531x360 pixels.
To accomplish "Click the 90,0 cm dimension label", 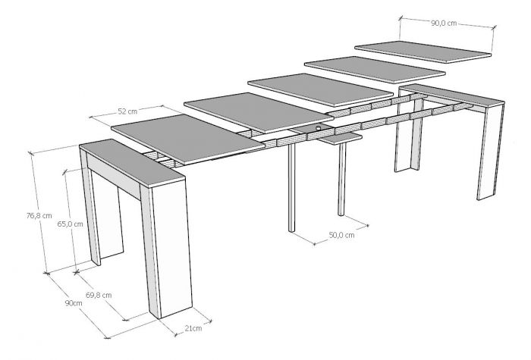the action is (444, 23).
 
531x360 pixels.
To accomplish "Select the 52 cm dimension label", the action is (127, 111).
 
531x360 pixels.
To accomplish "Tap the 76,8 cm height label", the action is (39, 215).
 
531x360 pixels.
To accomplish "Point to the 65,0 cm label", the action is (70, 224).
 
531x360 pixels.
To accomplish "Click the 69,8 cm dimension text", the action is (99, 295).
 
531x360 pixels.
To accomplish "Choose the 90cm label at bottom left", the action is (74, 303).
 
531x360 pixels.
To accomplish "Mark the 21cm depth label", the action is (193, 328).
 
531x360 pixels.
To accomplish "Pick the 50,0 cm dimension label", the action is (341, 235).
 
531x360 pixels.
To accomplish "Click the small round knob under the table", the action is (319, 128).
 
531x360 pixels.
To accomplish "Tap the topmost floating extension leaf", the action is (423, 52).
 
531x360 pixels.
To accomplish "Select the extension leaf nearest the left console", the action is (188, 139).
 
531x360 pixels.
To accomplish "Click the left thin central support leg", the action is (291, 187).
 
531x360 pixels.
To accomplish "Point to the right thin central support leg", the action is (342, 180).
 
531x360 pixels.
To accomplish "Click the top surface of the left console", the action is (132, 163).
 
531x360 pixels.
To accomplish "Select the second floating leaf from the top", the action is (375, 70).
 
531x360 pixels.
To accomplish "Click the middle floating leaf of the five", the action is (320, 90).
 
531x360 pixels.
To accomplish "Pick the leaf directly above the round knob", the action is (259, 112).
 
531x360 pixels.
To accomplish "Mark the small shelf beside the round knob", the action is (341, 138).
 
